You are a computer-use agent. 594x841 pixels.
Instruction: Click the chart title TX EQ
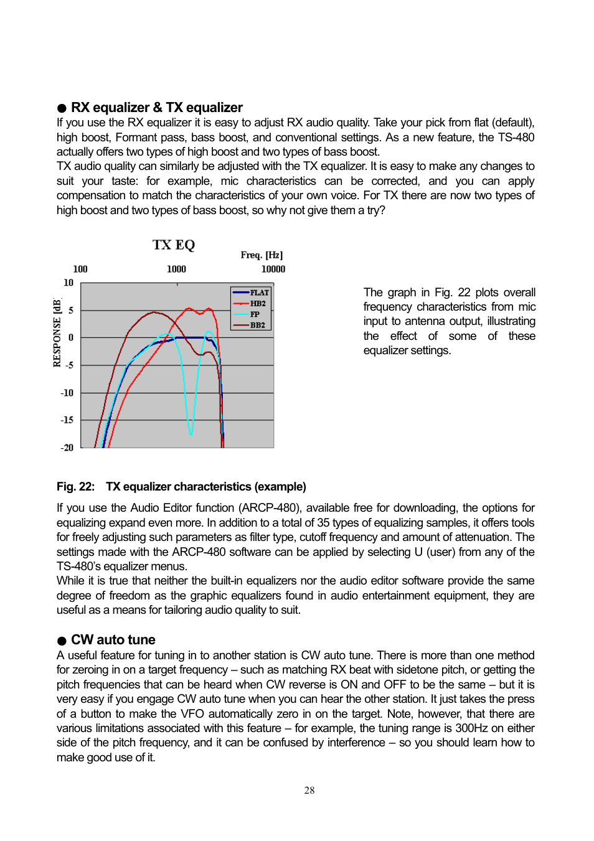(x=174, y=245)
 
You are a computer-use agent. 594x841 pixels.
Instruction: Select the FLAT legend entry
(x=259, y=293)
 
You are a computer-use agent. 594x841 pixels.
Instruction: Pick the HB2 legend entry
(x=258, y=304)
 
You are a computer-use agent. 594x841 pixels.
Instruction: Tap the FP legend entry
(x=255, y=314)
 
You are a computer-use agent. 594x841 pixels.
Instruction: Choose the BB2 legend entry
(x=257, y=325)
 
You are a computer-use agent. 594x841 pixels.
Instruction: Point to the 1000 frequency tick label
(x=176, y=269)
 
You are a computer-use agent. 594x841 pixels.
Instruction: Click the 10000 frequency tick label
(x=273, y=269)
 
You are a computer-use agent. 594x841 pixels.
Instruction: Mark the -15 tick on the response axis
(x=67, y=420)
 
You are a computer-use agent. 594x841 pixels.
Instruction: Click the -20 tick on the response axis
(x=67, y=448)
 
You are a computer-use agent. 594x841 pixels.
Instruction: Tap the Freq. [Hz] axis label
(x=262, y=255)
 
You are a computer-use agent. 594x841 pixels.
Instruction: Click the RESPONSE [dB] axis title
(x=57, y=333)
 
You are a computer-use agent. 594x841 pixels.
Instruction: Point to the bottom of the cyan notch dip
(x=191, y=433)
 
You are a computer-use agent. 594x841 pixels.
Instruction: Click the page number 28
(x=309, y=791)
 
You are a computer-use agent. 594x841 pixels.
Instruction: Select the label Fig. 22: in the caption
(x=75, y=487)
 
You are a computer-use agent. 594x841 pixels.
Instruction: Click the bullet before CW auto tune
(x=62, y=641)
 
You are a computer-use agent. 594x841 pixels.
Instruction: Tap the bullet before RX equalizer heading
(x=62, y=108)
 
